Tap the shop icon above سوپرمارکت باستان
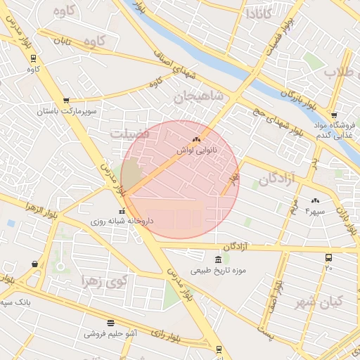66,101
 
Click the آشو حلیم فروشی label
110,333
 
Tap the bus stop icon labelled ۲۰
328,258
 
